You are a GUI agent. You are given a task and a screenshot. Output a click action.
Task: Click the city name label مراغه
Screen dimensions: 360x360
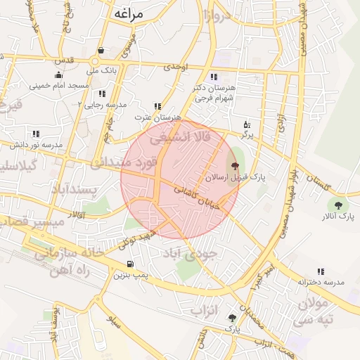(x=127, y=13)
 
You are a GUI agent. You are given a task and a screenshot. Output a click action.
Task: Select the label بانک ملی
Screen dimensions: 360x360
(x=101, y=70)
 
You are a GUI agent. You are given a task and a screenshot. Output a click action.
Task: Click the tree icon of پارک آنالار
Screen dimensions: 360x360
(x=338, y=205)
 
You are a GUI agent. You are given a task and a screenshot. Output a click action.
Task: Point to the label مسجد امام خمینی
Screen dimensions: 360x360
(x=59, y=85)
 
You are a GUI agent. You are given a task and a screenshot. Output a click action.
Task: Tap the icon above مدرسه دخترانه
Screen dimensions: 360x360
(x=321, y=271)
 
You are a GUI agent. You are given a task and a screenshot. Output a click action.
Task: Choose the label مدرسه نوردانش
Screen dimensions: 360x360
(x=36, y=144)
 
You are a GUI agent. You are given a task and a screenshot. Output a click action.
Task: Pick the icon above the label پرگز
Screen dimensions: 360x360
(x=246, y=124)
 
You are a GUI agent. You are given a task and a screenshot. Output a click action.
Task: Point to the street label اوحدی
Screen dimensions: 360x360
(x=176, y=67)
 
